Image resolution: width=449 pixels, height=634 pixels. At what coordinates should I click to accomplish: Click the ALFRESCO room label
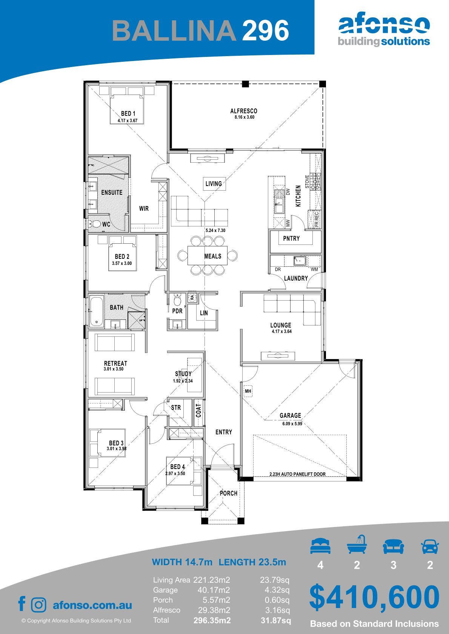pyautogui.click(x=244, y=111)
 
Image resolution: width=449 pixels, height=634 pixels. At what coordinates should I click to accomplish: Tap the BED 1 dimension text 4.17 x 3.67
pyautogui.click(x=128, y=121)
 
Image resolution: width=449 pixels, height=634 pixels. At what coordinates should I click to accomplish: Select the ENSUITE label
pyautogui.click(x=112, y=192)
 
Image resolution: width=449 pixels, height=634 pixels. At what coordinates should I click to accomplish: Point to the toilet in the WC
pyautogui.click(x=95, y=224)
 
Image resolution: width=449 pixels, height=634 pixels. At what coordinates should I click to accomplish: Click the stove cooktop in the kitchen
pyautogui.click(x=315, y=182)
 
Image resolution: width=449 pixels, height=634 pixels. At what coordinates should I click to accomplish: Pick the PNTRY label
pyautogui.click(x=291, y=238)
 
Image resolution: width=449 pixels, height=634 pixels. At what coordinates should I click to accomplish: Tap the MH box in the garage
pyautogui.click(x=248, y=391)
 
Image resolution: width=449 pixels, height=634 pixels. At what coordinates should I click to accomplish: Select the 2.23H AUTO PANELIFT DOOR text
pyautogui.click(x=297, y=474)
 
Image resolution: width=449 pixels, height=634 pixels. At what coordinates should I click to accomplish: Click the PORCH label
pyautogui.click(x=229, y=493)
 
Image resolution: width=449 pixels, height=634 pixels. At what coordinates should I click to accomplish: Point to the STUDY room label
pyautogui.click(x=183, y=374)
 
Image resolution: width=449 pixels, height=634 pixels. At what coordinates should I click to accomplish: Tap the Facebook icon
pyautogui.click(x=22, y=603)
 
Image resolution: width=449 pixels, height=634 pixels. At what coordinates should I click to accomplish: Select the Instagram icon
pyautogui.click(x=38, y=605)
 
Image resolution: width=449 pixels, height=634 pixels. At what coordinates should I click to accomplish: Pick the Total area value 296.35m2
pyautogui.click(x=212, y=620)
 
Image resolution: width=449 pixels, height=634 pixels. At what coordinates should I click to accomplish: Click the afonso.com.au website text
pyautogui.click(x=92, y=605)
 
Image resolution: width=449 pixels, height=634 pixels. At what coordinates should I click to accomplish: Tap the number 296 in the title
pyautogui.click(x=266, y=30)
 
